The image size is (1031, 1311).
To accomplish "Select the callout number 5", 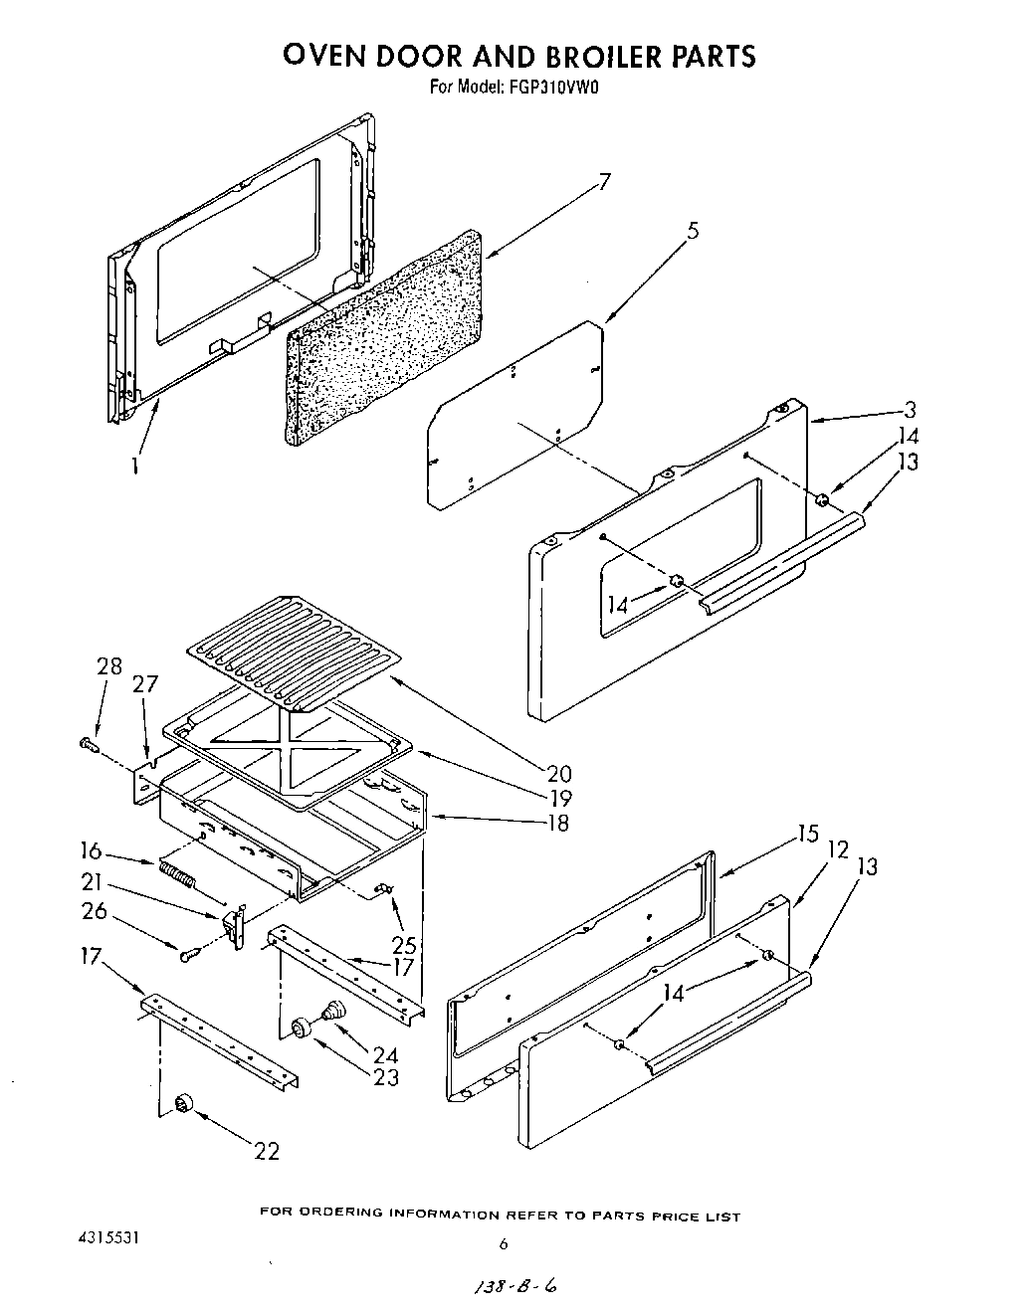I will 693,231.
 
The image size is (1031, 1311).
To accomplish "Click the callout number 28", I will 109,666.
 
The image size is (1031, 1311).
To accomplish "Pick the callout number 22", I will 266,1151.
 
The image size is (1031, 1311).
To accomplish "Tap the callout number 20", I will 559,773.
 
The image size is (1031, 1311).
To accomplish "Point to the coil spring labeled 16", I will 176,876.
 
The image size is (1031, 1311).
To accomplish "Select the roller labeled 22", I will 183,1103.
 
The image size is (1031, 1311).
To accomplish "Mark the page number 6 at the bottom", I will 504,1243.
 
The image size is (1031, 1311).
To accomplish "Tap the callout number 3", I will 911,409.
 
